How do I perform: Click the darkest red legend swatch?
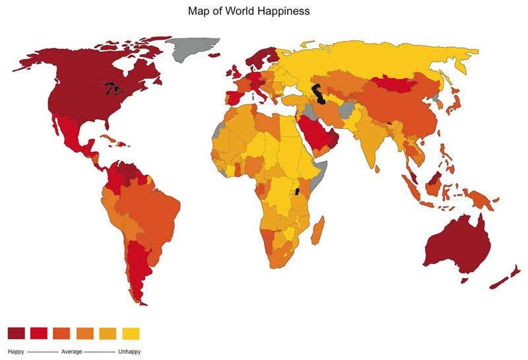point(16,333)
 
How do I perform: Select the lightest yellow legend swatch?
point(131,333)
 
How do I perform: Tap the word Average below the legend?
point(71,351)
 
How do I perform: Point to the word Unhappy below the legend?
point(129,351)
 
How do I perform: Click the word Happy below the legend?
point(16,351)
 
